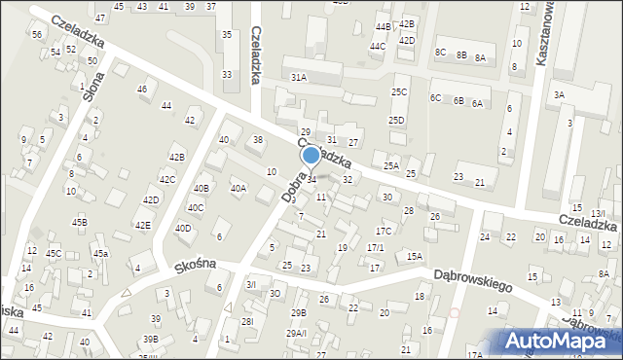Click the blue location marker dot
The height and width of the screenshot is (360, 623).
click(x=311, y=154)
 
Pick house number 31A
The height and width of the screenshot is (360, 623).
click(x=298, y=76)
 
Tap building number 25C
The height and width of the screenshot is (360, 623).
click(x=399, y=91)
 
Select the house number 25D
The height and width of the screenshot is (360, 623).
click(x=396, y=120)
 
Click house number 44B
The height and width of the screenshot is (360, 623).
click(x=383, y=26)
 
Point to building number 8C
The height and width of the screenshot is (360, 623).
click(x=440, y=52)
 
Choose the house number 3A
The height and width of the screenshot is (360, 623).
click(x=559, y=94)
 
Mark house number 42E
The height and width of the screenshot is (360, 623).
click(x=143, y=225)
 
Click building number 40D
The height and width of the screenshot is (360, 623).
click(x=183, y=228)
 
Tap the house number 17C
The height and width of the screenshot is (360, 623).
click(x=385, y=231)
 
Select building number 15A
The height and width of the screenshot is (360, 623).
click(x=415, y=256)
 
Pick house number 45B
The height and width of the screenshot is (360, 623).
click(x=80, y=222)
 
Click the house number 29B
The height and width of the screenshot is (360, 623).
click(x=298, y=312)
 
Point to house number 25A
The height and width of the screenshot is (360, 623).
click(x=390, y=166)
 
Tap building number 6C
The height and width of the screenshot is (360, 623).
click(x=436, y=98)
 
